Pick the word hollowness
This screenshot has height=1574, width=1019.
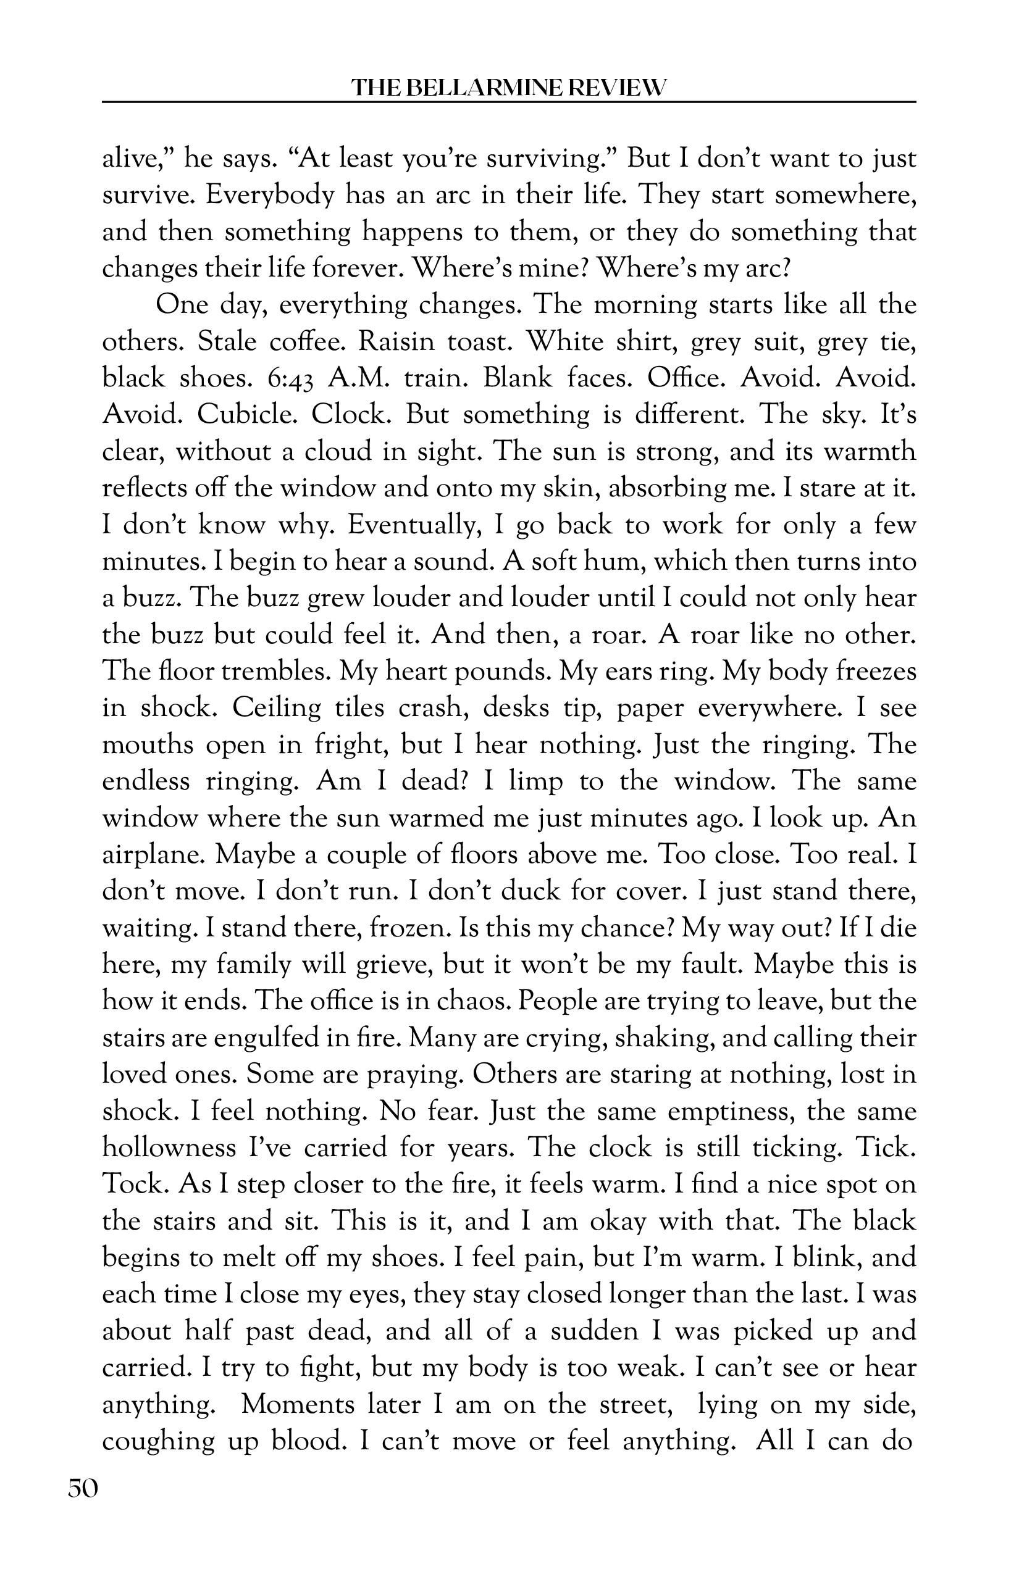(x=169, y=1147)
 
